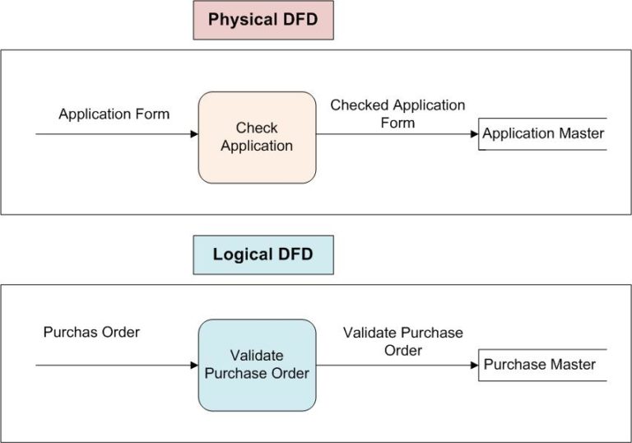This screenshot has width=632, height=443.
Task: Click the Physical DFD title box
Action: coord(263,20)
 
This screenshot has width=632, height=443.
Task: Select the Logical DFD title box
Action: coord(263,254)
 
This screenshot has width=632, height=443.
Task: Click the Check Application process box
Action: coord(257,137)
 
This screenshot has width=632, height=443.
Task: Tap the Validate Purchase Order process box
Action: coord(257,365)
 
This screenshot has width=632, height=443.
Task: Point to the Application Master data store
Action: coord(543,133)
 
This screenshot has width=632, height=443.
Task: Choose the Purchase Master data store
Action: coord(540,365)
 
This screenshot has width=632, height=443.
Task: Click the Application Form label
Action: coord(114,114)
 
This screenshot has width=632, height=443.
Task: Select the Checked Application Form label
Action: coord(397,114)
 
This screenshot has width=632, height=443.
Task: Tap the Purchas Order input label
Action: coord(91,333)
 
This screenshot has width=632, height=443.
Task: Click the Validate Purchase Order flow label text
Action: coord(403,342)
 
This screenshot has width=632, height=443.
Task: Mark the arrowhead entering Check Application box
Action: coord(194,134)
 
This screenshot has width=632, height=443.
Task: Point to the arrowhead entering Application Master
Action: coord(474,134)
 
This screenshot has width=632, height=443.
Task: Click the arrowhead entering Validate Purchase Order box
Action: coord(194,365)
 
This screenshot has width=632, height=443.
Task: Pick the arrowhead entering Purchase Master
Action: coord(474,365)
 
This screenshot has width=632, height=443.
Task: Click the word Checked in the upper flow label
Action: coord(359,105)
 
